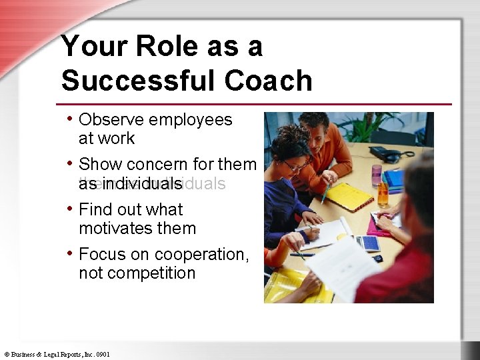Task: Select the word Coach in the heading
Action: [x=268, y=81]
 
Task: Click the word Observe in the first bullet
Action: [x=111, y=120]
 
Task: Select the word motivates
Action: [x=115, y=228]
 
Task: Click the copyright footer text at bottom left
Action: [x=57, y=355]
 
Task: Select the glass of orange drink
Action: [x=383, y=193]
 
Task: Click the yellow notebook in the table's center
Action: [x=348, y=196]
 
